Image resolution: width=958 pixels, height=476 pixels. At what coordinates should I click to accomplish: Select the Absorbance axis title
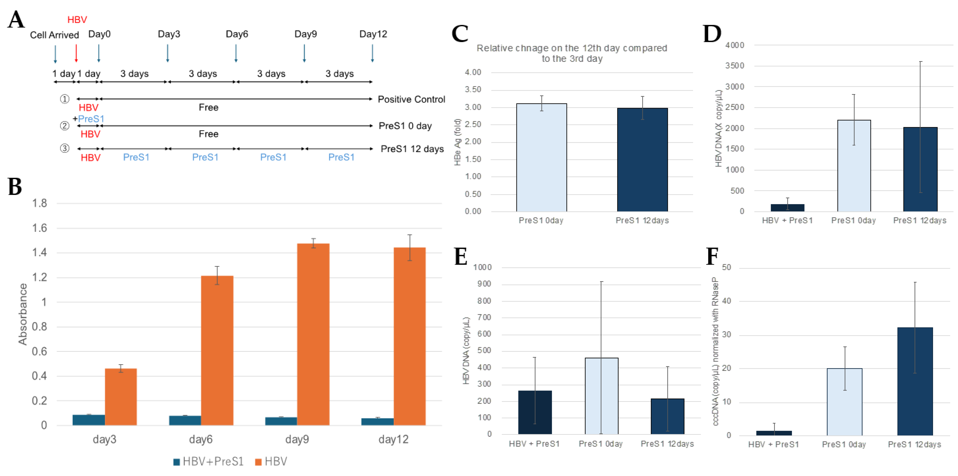[23, 314]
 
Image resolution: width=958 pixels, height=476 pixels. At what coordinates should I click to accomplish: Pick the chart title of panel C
[572, 53]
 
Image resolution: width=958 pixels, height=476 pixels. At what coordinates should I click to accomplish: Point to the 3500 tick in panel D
[734, 66]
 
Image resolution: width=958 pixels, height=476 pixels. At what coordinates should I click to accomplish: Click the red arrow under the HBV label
[76, 53]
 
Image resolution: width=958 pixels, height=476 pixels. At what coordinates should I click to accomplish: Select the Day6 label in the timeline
[237, 34]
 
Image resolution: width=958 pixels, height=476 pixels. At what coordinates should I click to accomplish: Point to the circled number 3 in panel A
[65, 148]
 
